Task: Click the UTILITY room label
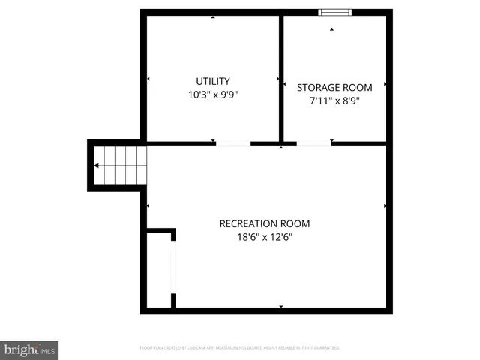tap(213, 81)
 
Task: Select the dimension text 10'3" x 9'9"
tap(213, 94)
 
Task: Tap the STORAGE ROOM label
tap(334, 87)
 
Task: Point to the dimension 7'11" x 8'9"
tap(334, 100)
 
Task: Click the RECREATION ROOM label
tap(264, 223)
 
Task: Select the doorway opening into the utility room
tap(233, 142)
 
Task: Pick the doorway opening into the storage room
tap(313, 142)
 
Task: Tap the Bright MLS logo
tap(29, 349)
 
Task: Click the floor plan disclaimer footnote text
tap(240, 348)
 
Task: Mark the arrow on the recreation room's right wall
tap(385, 205)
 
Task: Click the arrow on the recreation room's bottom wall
tap(281, 306)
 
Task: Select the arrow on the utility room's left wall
tap(148, 79)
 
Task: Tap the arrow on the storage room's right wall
tap(385, 84)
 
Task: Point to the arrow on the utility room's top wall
tap(213, 17)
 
